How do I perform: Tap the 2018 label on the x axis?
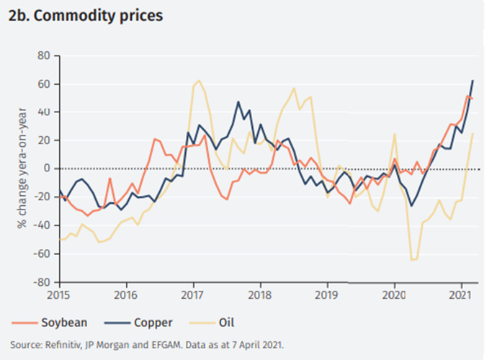(260, 294)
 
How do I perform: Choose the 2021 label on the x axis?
(460, 294)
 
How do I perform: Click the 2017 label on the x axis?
(193, 294)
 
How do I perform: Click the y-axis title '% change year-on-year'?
(23, 168)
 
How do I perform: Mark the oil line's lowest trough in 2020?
(413, 259)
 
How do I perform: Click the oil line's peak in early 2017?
(199, 81)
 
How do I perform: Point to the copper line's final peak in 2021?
(473, 80)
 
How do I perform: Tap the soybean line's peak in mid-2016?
(155, 139)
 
